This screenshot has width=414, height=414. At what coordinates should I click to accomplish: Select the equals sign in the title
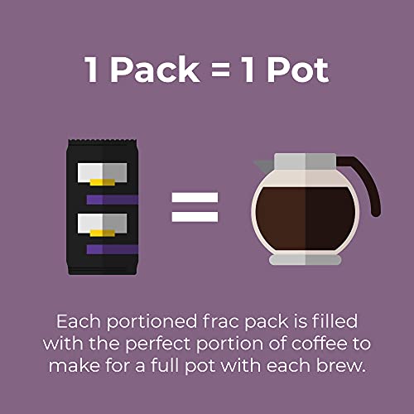[x=229, y=71]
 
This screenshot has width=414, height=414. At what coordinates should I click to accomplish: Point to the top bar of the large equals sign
[x=195, y=198]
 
